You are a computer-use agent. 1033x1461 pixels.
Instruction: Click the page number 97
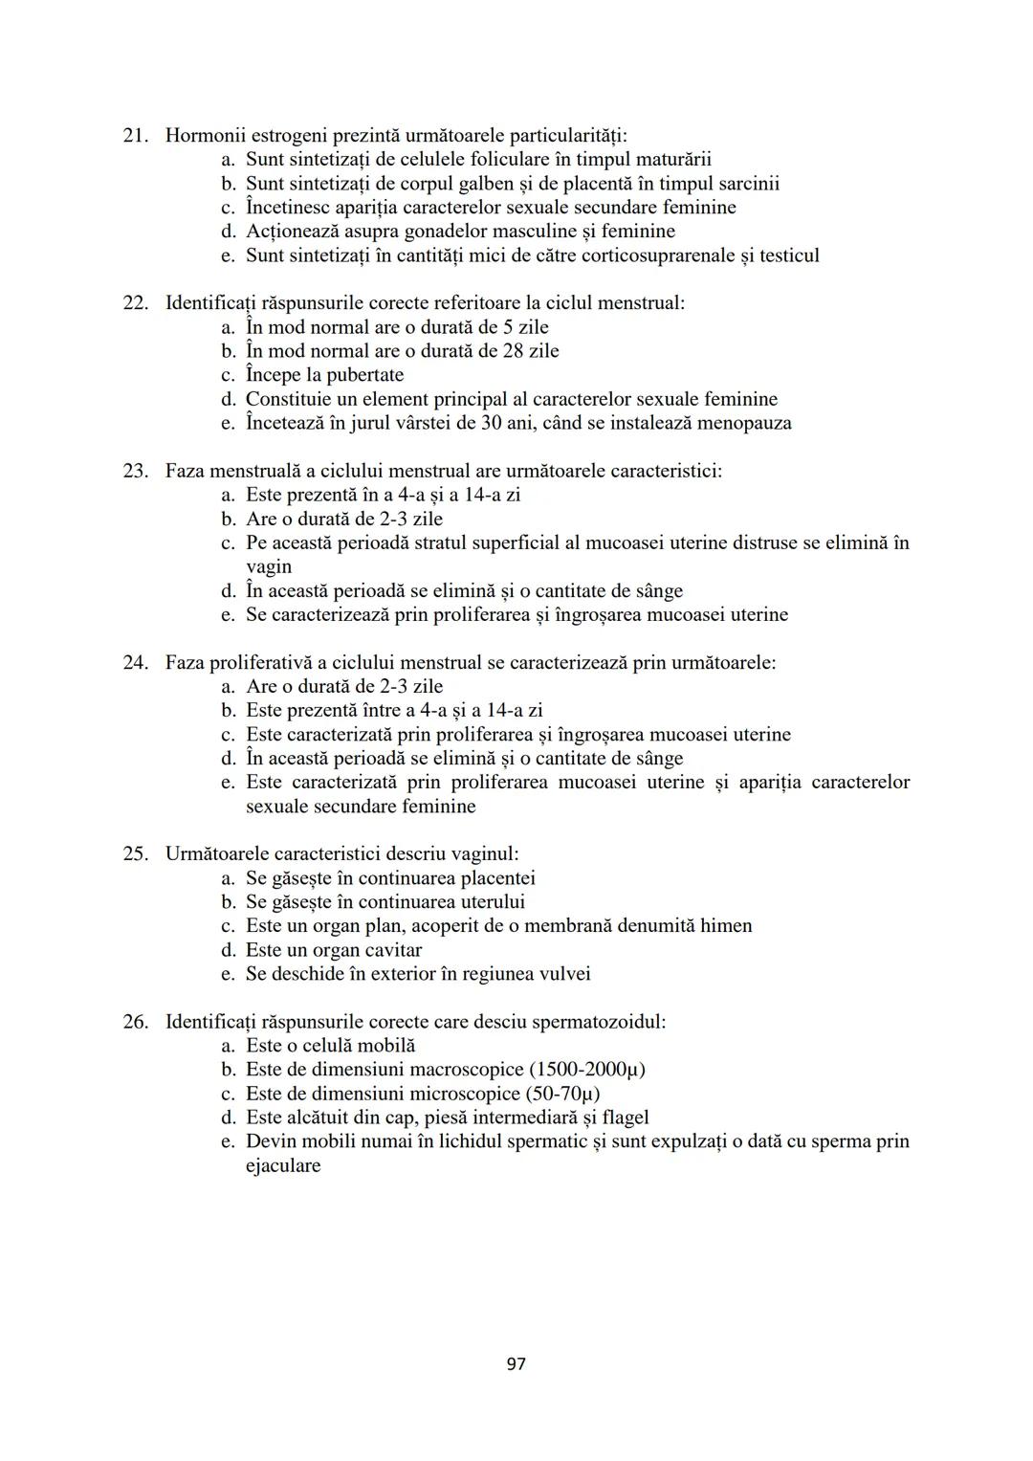tap(516, 1363)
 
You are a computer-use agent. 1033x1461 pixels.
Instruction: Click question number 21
tap(135, 136)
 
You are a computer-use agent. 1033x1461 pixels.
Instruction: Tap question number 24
tap(135, 663)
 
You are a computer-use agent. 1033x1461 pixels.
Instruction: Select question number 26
tap(135, 1022)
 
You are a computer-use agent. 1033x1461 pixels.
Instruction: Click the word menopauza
tap(744, 423)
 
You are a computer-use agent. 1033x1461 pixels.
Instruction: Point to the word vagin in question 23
tap(269, 566)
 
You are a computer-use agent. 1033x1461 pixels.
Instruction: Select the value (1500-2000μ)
tap(586, 1070)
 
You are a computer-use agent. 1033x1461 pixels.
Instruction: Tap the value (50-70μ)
tap(563, 1094)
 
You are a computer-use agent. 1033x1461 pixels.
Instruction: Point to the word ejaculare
tap(283, 1166)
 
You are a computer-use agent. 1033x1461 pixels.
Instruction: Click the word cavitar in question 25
tap(389, 950)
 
